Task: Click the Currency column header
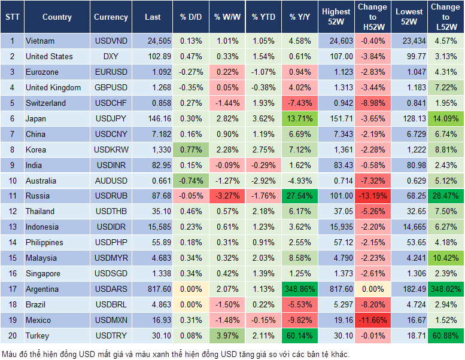[111, 17]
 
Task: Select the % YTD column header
[263, 17]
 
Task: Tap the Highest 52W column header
[336, 17]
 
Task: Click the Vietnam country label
[40, 41]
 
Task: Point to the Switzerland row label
[45, 103]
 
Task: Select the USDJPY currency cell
[111, 118]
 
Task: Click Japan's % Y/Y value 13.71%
[300, 118]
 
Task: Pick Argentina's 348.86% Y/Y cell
[300, 289]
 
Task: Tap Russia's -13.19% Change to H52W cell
[372, 196]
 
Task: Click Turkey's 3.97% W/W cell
[227, 335]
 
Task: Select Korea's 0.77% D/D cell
[190, 150]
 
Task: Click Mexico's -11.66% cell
[372, 320]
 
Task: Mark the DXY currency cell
[111, 56]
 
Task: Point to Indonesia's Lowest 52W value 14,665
[411, 227]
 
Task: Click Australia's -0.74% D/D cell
[190, 181]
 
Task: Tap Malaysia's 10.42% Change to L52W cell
[445, 258]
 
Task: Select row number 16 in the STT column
[11, 273]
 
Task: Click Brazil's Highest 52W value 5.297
[336, 304]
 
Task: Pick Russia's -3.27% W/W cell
[227, 196]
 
